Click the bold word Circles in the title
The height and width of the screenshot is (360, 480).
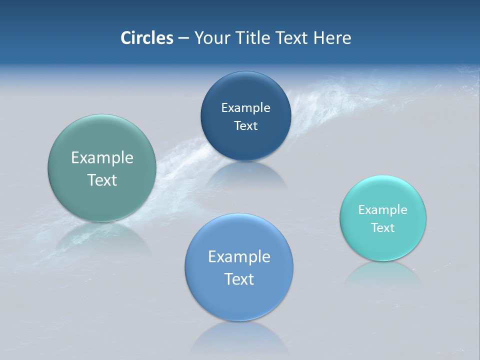[x=147, y=38]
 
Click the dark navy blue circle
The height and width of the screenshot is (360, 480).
[x=245, y=116]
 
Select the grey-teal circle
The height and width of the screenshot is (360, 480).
[x=102, y=168]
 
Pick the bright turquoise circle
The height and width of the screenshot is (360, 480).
[x=383, y=218]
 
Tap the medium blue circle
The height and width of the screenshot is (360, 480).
[x=239, y=267]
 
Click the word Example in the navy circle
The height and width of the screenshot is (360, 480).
[x=245, y=107]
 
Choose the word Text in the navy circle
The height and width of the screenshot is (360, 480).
[x=245, y=125]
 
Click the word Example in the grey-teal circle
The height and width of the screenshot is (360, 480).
[x=102, y=158]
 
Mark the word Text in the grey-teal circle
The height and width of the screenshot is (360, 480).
[x=102, y=180]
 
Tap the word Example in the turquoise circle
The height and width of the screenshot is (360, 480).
[x=383, y=209]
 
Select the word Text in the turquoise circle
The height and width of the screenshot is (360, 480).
[x=383, y=227]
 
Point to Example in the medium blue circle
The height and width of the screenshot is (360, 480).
[x=239, y=257]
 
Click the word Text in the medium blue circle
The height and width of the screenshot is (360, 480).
[x=239, y=279]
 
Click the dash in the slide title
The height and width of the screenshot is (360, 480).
[x=183, y=38]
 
